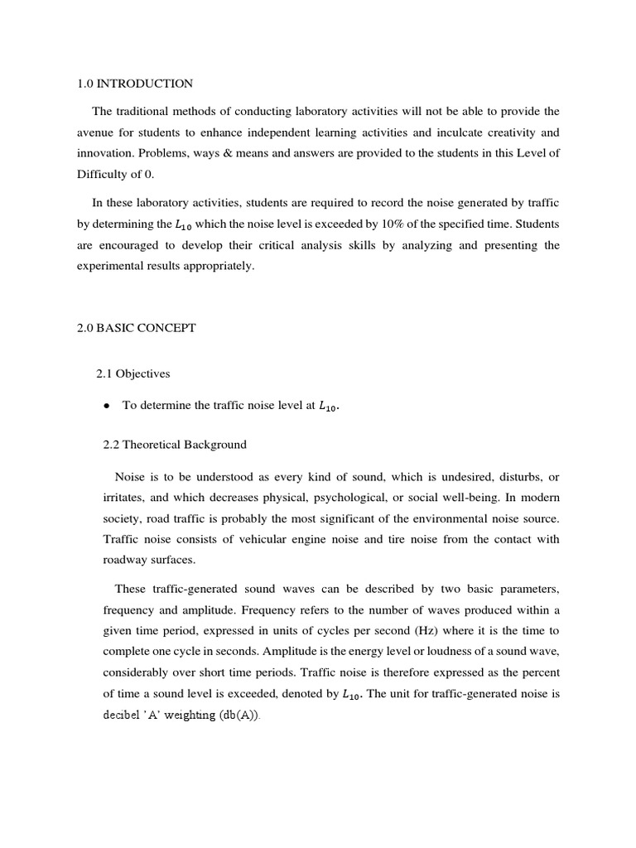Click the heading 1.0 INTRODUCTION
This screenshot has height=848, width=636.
point(134,84)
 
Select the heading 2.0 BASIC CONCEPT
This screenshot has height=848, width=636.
point(136,328)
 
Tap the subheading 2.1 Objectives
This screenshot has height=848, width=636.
point(133,373)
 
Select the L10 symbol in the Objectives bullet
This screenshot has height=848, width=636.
point(329,406)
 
